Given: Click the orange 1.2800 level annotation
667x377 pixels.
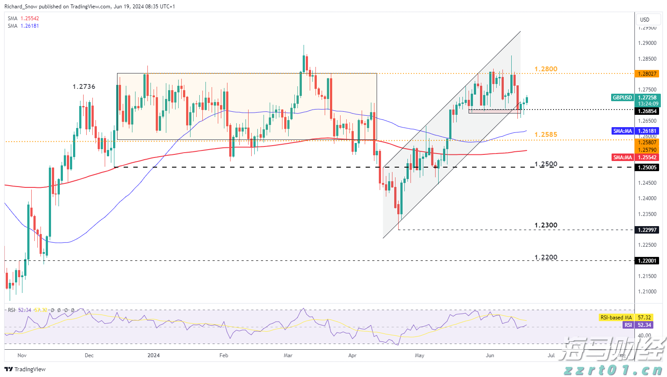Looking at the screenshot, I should [x=546, y=69].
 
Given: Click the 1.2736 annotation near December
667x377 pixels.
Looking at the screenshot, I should [x=84, y=87].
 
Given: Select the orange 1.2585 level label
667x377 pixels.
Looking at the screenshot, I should [x=546, y=135].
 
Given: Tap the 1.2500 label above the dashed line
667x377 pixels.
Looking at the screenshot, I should [x=546, y=164].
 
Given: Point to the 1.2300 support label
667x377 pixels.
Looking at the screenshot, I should [x=546, y=225].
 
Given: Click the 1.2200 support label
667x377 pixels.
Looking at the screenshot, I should [x=546, y=257].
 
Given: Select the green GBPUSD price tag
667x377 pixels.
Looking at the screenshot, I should [x=623, y=98].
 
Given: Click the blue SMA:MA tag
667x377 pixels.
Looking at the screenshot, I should [x=623, y=131].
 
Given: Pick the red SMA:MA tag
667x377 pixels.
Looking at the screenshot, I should [x=623, y=157].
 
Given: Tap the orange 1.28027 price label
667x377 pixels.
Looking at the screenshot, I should [x=648, y=74].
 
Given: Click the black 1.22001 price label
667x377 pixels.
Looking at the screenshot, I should [x=648, y=261].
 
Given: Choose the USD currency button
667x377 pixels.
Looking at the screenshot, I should [x=645, y=20].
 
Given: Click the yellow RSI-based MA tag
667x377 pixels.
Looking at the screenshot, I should [x=616, y=318].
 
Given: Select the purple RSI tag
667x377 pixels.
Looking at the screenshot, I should [x=628, y=325].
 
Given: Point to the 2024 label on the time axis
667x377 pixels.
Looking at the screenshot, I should [x=154, y=355].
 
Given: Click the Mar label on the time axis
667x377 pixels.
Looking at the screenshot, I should [x=288, y=355].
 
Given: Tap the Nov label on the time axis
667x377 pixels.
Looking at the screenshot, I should [x=22, y=355].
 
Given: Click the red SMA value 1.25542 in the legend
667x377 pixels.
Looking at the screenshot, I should [x=29, y=18].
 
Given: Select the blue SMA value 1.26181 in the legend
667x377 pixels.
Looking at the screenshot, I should [x=29, y=26].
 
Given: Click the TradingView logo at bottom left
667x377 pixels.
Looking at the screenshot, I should [x=26, y=369].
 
